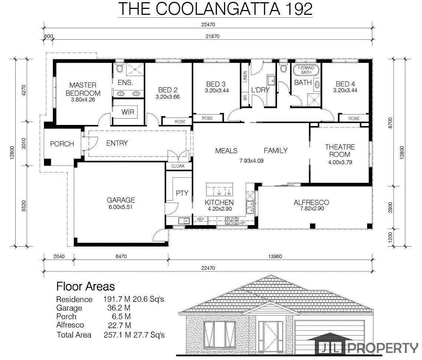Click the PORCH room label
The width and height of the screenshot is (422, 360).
click(x=62, y=144)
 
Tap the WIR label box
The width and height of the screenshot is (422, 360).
click(x=128, y=112)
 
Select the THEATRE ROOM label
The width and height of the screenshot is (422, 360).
click(x=340, y=151)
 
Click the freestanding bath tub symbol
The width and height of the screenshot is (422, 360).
click(x=306, y=70)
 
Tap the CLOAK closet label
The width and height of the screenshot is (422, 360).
click(x=178, y=166)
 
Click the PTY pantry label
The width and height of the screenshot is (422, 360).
click(x=182, y=193)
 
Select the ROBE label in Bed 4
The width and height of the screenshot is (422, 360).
click(x=354, y=118)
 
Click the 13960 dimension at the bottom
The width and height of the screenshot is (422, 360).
click(x=275, y=257)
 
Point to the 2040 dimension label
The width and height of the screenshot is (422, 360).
click(x=59, y=257)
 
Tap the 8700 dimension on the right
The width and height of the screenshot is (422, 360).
click(x=390, y=123)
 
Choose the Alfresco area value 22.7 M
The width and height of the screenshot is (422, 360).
click(x=119, y=325)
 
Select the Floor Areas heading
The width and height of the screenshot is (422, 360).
click(x=86, y=287)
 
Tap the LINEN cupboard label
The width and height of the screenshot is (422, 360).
click(x=245, y=76)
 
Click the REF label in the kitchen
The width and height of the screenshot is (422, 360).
click(x=201, y=219)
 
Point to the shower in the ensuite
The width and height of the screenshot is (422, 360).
click(x=135, y=69)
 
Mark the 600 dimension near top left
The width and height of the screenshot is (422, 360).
click(x=49, y=36)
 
